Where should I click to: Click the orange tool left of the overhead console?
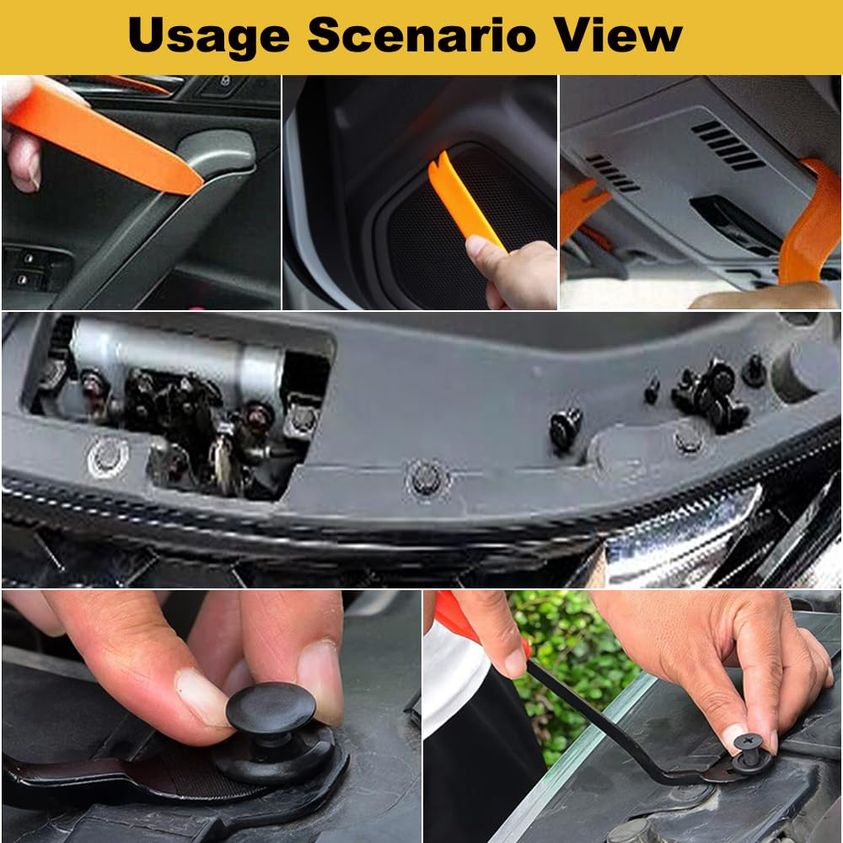coord(582,207)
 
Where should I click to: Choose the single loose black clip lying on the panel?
coord(566,427)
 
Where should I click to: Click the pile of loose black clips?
coord(712,392)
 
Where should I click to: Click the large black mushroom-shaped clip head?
coord(270,708)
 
